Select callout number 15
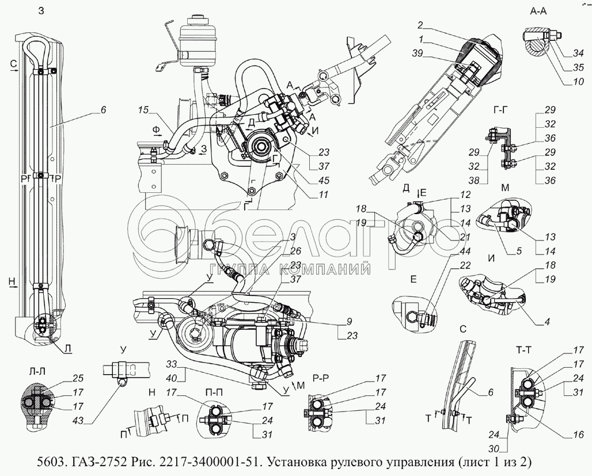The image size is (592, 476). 143,109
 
